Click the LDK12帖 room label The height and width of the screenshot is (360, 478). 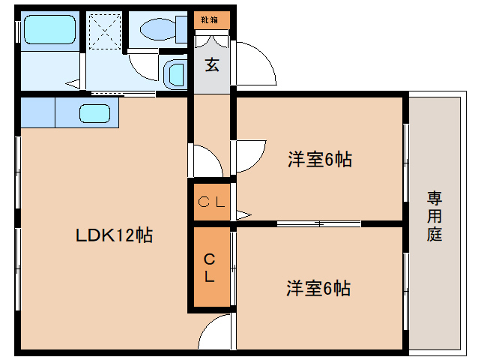point(114,235)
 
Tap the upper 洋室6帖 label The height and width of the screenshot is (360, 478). point(319,159)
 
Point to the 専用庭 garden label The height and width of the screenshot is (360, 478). point(435,216)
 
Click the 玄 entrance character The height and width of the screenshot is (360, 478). point(212,65)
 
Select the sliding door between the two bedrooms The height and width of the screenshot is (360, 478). point(318,223)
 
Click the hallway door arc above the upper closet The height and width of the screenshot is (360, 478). point(206,159)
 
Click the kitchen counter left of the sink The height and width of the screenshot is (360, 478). point(37,114)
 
